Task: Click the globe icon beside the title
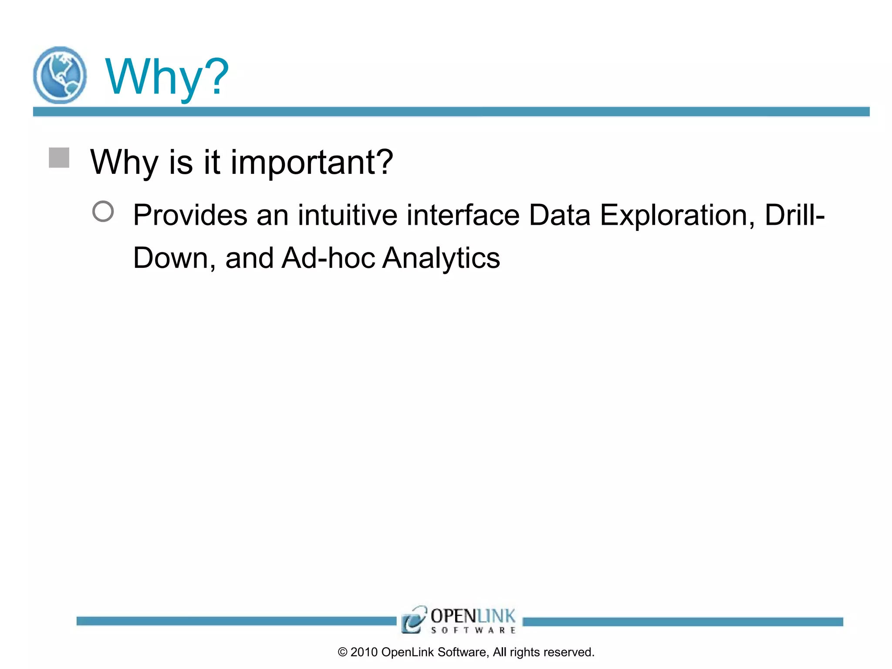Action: pyautogui.click(x=60, y=75)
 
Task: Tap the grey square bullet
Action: pyautogui.click(x=59, y=158)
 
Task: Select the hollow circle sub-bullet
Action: pyautogui.click(x=103, y=211)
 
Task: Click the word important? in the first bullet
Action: pyautogui.click(x=312, y=162)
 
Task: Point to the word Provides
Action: pyautogui.click(x=190, y=215)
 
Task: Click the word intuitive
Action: pyautogui.click(x=347, y=215)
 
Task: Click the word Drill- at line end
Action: pyautogui.click(x=794, y=215)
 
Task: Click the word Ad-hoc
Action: pyautogui.click(x=328, y=258)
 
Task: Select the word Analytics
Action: pyautogui.click(x=441, y=259)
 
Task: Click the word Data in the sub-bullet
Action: pyautogui.click(x=559, y=215)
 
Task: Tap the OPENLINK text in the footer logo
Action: pyautogui.click(x=473, y=616)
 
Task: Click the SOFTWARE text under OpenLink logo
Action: pyautogui.click(x=473, y=630)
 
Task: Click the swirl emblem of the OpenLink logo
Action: pyautogui.click(x=413, y=619)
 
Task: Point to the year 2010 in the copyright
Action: pyautogui.click(x=364, y=652)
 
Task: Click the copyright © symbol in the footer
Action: pyautogui.click(x=342, y=652)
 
